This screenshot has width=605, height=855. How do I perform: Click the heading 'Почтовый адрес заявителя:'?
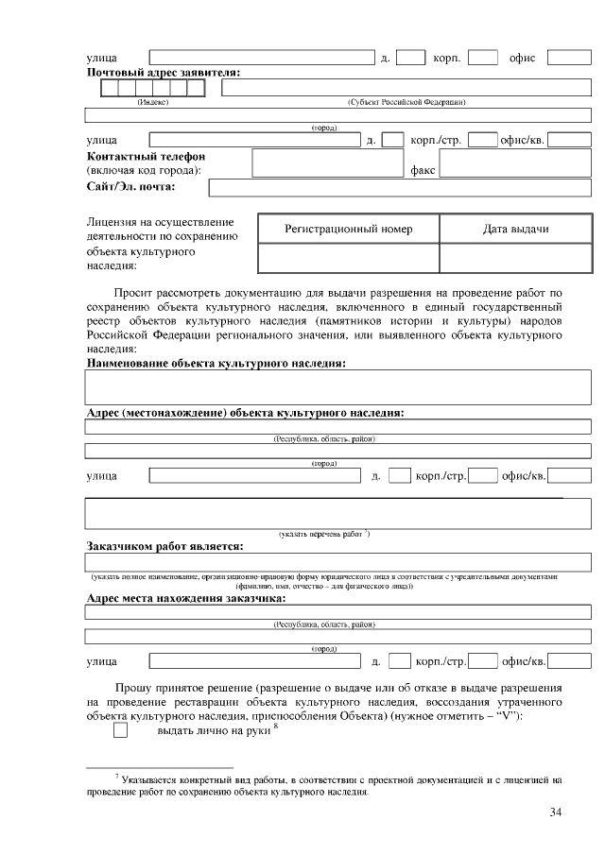(x=163, y=73)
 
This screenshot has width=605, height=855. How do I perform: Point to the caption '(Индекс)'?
(x=153, y=101)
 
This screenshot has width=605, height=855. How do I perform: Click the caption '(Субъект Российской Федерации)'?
(x=406, y=101)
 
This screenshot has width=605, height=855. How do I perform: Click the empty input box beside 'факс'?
(x=515, y=163)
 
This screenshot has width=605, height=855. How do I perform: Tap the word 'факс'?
(x=423, y=171)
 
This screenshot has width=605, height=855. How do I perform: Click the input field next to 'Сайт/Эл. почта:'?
(x=406, y=187)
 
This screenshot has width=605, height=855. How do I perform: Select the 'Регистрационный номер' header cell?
(x=348, y=230)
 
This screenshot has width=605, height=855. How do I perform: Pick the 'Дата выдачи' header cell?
(x=515, y=230)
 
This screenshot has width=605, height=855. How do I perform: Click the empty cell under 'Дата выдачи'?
(x=515, y=258)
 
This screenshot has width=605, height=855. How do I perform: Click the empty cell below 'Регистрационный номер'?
(x=348, y=258)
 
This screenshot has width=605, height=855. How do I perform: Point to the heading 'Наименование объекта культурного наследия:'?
(x=216, y=363)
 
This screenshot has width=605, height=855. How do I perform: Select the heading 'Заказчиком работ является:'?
(x=164, y=546)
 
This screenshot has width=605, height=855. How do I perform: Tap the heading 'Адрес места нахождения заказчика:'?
(x=185, y=598)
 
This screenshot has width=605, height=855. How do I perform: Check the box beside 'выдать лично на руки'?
(x=120, y=730)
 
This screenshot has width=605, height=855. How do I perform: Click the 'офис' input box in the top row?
(x=569, y=58)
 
